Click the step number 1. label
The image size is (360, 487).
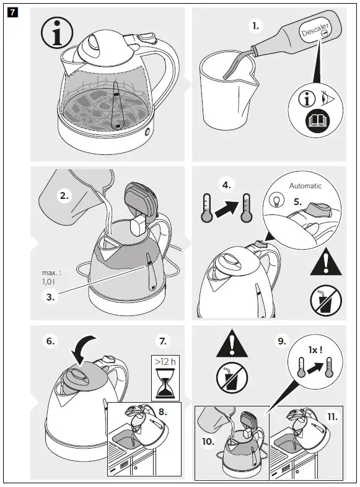point(255,26)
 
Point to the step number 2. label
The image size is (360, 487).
point(64,196)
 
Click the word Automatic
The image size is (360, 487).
point(305,185)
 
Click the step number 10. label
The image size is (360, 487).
point(208,441)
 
